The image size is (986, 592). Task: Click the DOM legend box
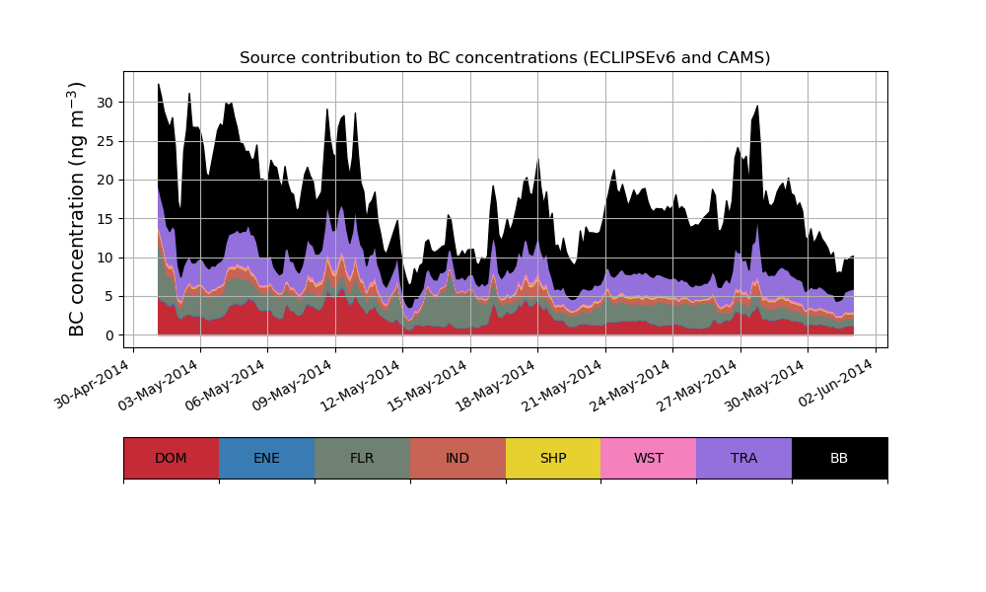tap(171, 458)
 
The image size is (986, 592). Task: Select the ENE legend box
tap(266, 458)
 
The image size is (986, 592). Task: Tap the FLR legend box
tap(362, 458)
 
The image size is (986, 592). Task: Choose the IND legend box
tap(458, 458)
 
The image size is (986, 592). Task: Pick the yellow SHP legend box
tap(553, 458)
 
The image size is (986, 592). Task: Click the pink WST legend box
tap(649, 458)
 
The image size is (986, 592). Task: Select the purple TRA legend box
tap(744, 458)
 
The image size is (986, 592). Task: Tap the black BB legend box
tap(839, 458)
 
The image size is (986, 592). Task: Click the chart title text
tap(505, 58)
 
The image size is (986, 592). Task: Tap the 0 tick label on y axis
tap(110, 335)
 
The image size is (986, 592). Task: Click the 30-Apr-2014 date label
tap(94, 384)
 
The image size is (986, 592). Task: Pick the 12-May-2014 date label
tap(364, 384)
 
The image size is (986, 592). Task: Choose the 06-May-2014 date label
tap(229, 384)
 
